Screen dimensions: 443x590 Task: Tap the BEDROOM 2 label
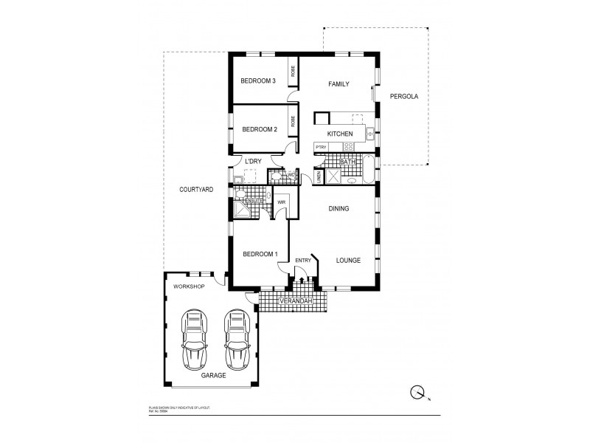(x=259, y=130)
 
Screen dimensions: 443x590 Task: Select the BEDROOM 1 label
(x=260, y=255)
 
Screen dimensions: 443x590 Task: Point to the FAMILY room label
(x=339, y=84)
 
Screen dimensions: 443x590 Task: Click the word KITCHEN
(x=340, y=134)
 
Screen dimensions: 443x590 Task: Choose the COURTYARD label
(x=196, y=190)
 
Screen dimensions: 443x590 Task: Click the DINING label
(x=339, y=209)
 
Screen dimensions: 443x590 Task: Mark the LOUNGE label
(x=347, y=261)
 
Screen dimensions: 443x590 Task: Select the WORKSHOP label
(x=188, y=286)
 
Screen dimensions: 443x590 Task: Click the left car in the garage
(x=194, y=339)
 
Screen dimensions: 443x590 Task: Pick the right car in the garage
(x=236, y=339)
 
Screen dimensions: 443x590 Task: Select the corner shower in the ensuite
(x=240, y=211)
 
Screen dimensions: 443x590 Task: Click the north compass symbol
(x=418, y=393)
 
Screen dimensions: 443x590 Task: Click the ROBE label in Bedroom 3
(x=293, y=72)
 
